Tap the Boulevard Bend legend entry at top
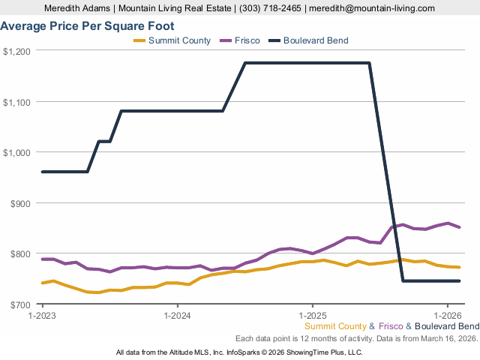(x=315, y=40)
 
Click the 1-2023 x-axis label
(x=42, y=315)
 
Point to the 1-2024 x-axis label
(x=177, y=315)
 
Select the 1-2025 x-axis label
(x=312, y=315)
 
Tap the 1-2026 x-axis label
(x=447, y=315)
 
